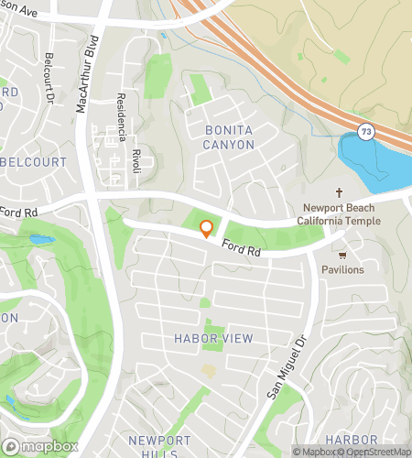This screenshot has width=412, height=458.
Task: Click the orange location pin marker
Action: click(x=206, y=228)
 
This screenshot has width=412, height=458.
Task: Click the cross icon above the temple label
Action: click(x=338, y=192)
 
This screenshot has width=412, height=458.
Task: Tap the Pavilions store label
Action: click(x=342, y=270)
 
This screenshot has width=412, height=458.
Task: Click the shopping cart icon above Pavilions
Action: click(x=342, y=255)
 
